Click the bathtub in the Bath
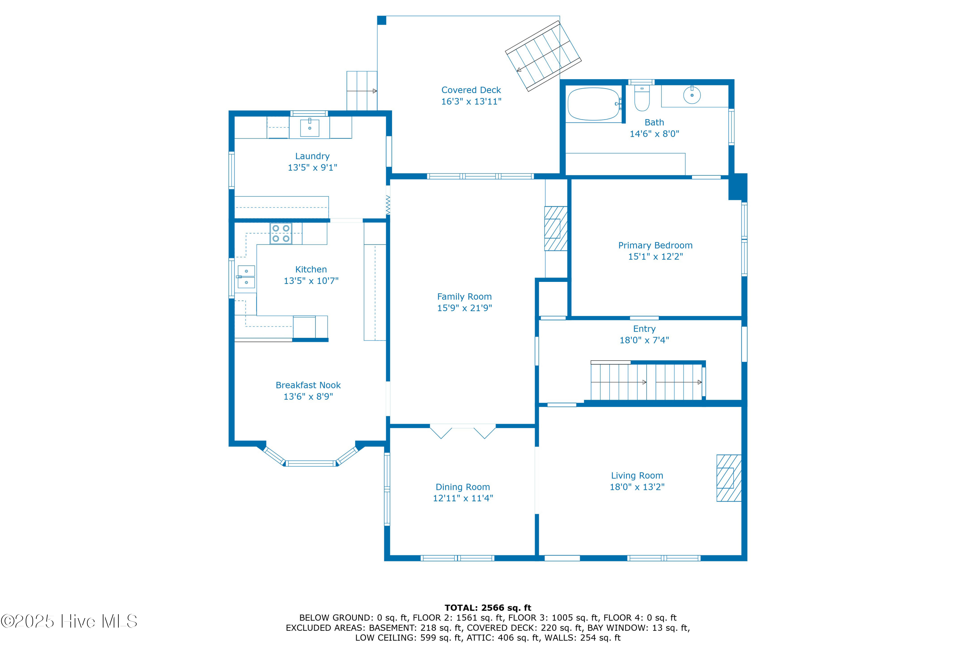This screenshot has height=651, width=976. tap(593, 104)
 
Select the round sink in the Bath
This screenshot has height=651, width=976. tap(692, 95)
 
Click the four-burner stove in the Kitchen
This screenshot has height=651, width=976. tap(281, 233)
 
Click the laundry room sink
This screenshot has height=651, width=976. tap(310, 128)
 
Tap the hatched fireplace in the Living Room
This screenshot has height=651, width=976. tap(729, 478)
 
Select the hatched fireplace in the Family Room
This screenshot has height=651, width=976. tap(556, 229)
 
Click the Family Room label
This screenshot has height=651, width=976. tap(464, 297)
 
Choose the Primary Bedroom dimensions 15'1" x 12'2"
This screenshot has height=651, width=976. tap(655, 256)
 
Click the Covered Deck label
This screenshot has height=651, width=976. tap(471, 90)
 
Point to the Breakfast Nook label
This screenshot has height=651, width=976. tap(308, 385)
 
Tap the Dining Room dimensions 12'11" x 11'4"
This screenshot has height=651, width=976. tap(463, 498)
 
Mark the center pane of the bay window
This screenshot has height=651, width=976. tap(310, 463)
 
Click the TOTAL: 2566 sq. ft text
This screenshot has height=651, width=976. tap(488, 608)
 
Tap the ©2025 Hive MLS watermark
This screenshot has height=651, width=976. tap(69, 621)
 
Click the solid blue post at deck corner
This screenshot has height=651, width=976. tap(381, 20)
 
